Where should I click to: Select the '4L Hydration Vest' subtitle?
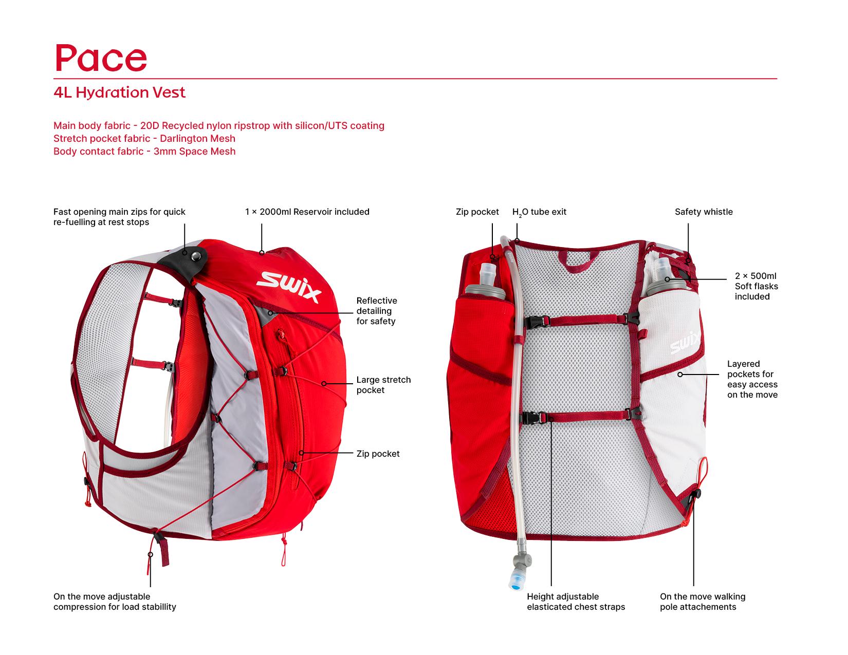119,92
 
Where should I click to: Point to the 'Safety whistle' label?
703,212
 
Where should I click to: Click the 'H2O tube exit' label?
539,212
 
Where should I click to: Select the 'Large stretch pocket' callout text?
383,385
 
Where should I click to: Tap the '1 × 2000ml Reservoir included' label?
307,212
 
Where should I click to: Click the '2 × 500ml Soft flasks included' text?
756,286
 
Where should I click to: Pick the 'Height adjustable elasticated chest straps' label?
576,602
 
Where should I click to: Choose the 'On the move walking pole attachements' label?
702,602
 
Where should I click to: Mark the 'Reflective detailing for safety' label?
376,311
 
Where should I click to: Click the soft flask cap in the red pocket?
487,272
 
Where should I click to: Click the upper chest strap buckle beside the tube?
532,321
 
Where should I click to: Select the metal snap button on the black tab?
195,255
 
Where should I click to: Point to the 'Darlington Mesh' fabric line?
144,138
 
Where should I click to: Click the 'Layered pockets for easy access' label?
752,379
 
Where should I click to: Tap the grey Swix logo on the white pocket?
686,343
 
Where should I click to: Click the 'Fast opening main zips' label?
119,217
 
